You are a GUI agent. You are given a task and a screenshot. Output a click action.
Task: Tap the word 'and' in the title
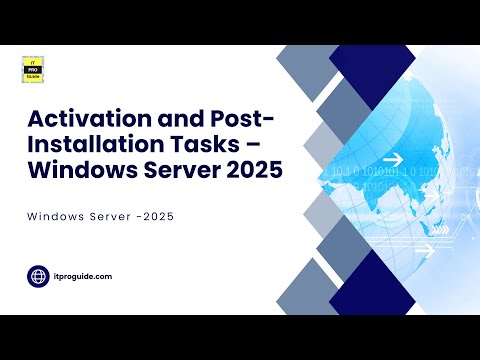160,122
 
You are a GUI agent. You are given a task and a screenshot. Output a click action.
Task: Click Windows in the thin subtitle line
57,217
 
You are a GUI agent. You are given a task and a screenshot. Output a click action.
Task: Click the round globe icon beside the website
40,274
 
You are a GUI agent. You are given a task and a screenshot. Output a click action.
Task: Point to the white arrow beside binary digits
392,159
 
